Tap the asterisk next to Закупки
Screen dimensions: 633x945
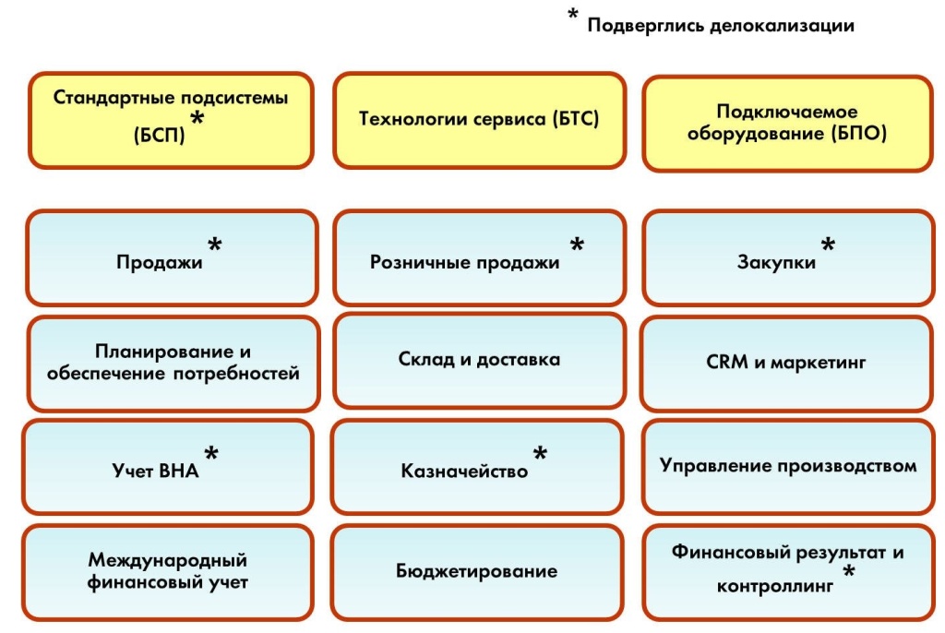coord(828,245)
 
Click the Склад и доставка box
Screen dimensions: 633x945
coord(478,360)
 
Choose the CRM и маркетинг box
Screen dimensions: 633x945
coord(786,364)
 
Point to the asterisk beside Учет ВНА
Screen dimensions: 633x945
coord(211,454)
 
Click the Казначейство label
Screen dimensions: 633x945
coord(464,472)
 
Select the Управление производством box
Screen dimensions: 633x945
coord(786,466)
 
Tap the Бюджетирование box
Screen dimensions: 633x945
coord(477,571)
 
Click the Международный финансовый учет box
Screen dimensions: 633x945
coord(169,571)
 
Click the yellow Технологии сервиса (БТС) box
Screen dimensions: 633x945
coord(478,120)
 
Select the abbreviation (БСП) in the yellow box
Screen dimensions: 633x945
coord(160,135)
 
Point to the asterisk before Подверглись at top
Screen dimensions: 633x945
coord(573,16)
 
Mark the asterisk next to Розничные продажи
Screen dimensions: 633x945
coord(577,245)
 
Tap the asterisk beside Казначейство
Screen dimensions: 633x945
coord(540,454)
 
